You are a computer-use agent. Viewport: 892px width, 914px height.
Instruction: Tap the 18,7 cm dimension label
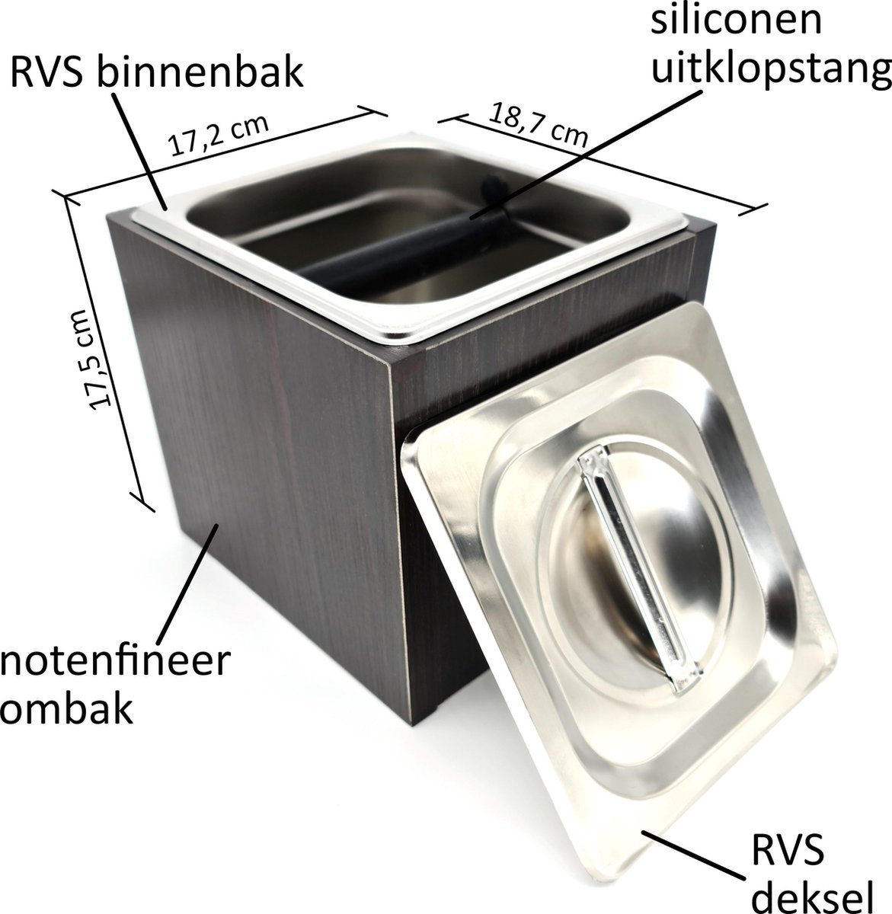(539, 124)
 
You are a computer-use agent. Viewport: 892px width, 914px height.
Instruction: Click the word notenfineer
(114, 662)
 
